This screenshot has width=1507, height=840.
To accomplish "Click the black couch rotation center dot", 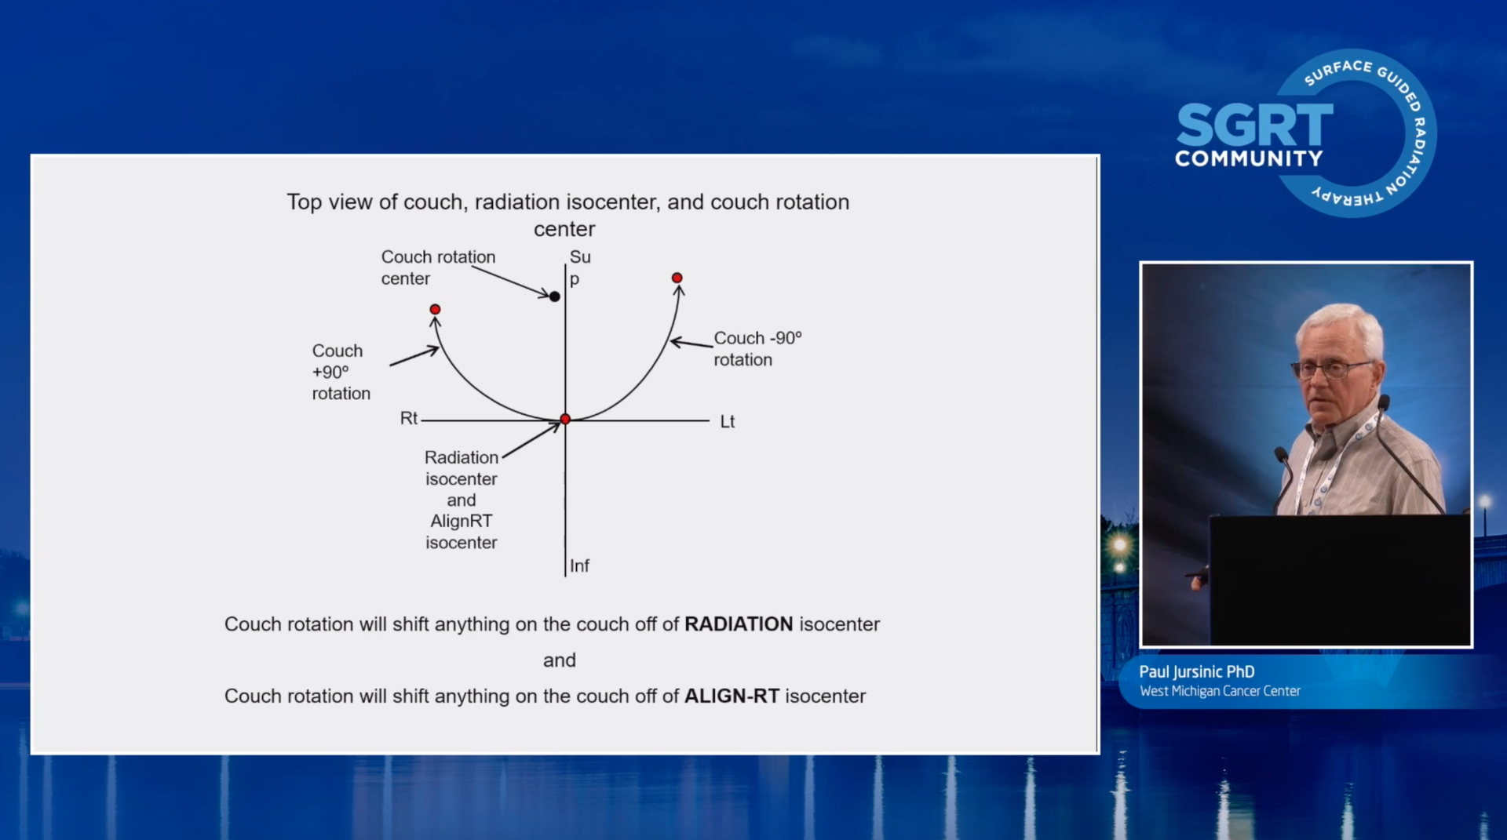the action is [x=554, y=296].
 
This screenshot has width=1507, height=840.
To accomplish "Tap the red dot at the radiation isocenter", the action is [x=565, y=420].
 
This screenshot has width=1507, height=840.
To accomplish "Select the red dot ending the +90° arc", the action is [x=435, y=309].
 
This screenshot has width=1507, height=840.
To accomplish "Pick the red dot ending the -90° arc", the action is [x=677, y=278].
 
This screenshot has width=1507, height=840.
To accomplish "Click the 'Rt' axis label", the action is [x=409, y=418].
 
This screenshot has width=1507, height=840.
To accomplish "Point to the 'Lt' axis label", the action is [x=728, y=421].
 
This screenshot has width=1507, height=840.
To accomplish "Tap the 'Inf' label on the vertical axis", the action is [x=579, y=565].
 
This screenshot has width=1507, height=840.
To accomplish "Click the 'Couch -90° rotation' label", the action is [x=757, y=348].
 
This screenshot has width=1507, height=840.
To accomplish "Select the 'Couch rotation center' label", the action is [x=438, y=267].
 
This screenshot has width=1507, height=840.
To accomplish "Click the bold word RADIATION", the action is [x=739, y=624].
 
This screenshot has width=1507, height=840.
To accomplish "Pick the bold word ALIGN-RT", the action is [x=732, y=696].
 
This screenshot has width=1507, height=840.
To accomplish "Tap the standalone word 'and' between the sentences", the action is [x=560, y=660].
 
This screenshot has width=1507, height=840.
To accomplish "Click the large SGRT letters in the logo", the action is [x=1254, y=125].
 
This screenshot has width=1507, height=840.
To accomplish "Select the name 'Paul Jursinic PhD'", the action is [x=1197, y=671].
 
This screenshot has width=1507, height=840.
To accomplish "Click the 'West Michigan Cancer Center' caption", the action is [x=1220, y=691].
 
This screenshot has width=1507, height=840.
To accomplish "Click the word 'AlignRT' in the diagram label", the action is [x=462, y=521].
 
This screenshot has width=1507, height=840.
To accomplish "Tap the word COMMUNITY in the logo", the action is [x=1249, y=158].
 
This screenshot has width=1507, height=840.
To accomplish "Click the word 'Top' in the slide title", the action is [x=304, y=202].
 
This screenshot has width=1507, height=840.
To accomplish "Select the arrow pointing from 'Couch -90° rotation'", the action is [x=691, y=343].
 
